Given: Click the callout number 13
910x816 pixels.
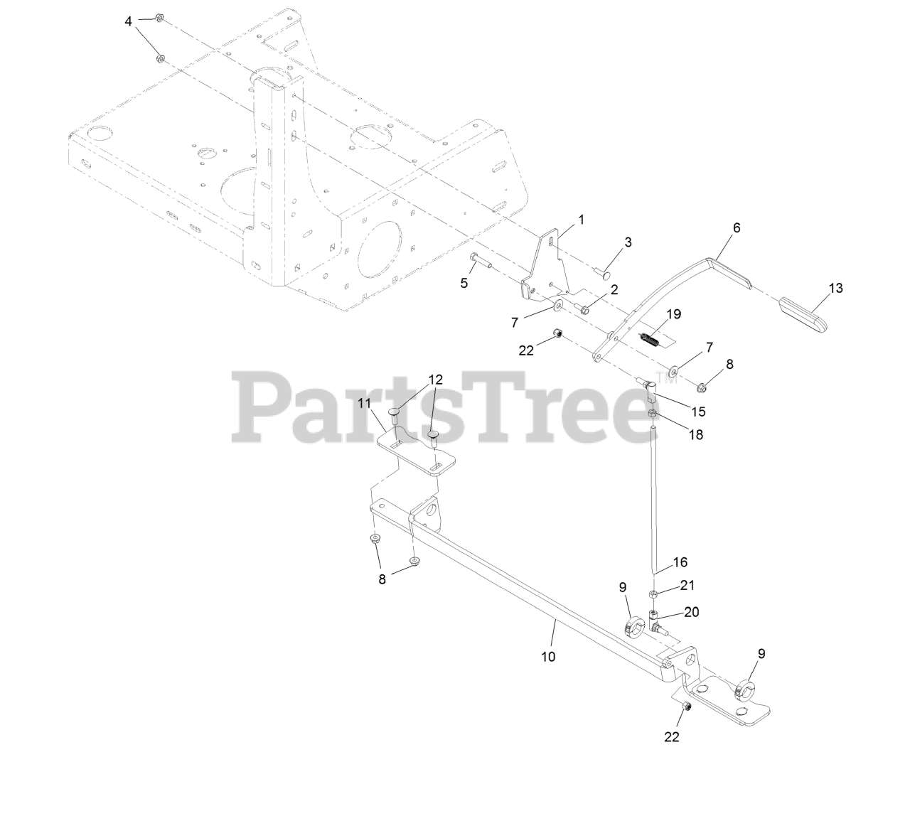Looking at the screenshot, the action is point(835,288).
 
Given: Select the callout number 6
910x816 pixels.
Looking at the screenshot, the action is point(737,228).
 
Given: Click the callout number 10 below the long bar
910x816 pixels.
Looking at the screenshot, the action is point(547,656).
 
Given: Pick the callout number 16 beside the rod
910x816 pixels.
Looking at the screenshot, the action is point(680,562).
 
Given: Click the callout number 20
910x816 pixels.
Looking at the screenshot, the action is point(692,612).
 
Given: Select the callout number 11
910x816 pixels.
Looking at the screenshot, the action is point(365,404).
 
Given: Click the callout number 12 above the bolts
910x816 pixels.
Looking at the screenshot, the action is point(435,380).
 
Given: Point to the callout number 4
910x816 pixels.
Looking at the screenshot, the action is point(128,21).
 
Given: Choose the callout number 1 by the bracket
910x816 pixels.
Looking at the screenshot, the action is point(581,220).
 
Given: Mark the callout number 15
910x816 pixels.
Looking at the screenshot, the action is point(698,412).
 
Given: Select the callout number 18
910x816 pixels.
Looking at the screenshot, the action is point(695,435).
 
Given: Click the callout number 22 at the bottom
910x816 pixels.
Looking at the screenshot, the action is point(672,736).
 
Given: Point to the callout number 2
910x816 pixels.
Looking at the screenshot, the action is point(614,289).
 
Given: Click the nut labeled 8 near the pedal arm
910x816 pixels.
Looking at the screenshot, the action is point(701,387).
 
